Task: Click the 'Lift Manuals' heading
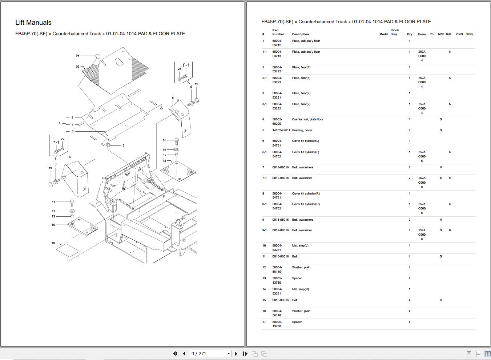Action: point(33,23)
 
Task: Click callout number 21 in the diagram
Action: point(78,56)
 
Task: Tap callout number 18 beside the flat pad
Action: point(53,243)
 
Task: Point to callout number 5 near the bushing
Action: point(123,146)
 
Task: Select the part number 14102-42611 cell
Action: point(281,130)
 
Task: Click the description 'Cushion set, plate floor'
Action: point(307,119)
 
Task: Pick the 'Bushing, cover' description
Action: point(302,130)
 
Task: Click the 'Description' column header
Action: point(300,34)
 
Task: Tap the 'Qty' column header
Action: point(409,34)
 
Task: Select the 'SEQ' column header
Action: point(469,34)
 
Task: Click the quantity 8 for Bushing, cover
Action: point(409,130)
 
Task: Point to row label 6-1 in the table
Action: point(264,152)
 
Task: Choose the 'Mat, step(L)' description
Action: point(300,245)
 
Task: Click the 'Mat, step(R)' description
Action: point(300,289)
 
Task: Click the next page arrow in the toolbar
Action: point(236,353)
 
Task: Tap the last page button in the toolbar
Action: point(245,353)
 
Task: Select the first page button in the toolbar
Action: point(175,353)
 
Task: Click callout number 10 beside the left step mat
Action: point(53,225)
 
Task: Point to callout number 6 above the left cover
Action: point(70,157)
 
